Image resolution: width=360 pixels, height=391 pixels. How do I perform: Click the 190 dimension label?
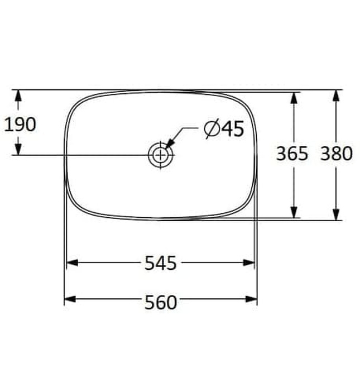[x=20, y=124]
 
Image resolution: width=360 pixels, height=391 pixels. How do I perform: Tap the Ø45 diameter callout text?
[x=224, y=129]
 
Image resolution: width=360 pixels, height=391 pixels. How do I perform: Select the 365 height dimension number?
[x=292, y=154]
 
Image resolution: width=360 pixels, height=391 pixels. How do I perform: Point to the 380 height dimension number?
[x=336, y=154]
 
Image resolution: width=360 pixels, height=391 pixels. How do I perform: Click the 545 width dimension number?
[x=161, y=263]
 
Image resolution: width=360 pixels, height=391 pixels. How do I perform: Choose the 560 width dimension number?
[x=161, y=302]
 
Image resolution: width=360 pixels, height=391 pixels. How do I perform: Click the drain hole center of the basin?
[x=161, y=154]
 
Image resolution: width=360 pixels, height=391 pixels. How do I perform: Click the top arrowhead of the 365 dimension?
[x=294, y=97]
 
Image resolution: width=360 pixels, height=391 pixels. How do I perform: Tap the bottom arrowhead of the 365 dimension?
[x=294, y=212]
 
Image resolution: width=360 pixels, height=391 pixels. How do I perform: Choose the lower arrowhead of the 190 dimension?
[x=18, y=149]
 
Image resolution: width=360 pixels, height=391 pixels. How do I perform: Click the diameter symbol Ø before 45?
[x=212, y=129]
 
